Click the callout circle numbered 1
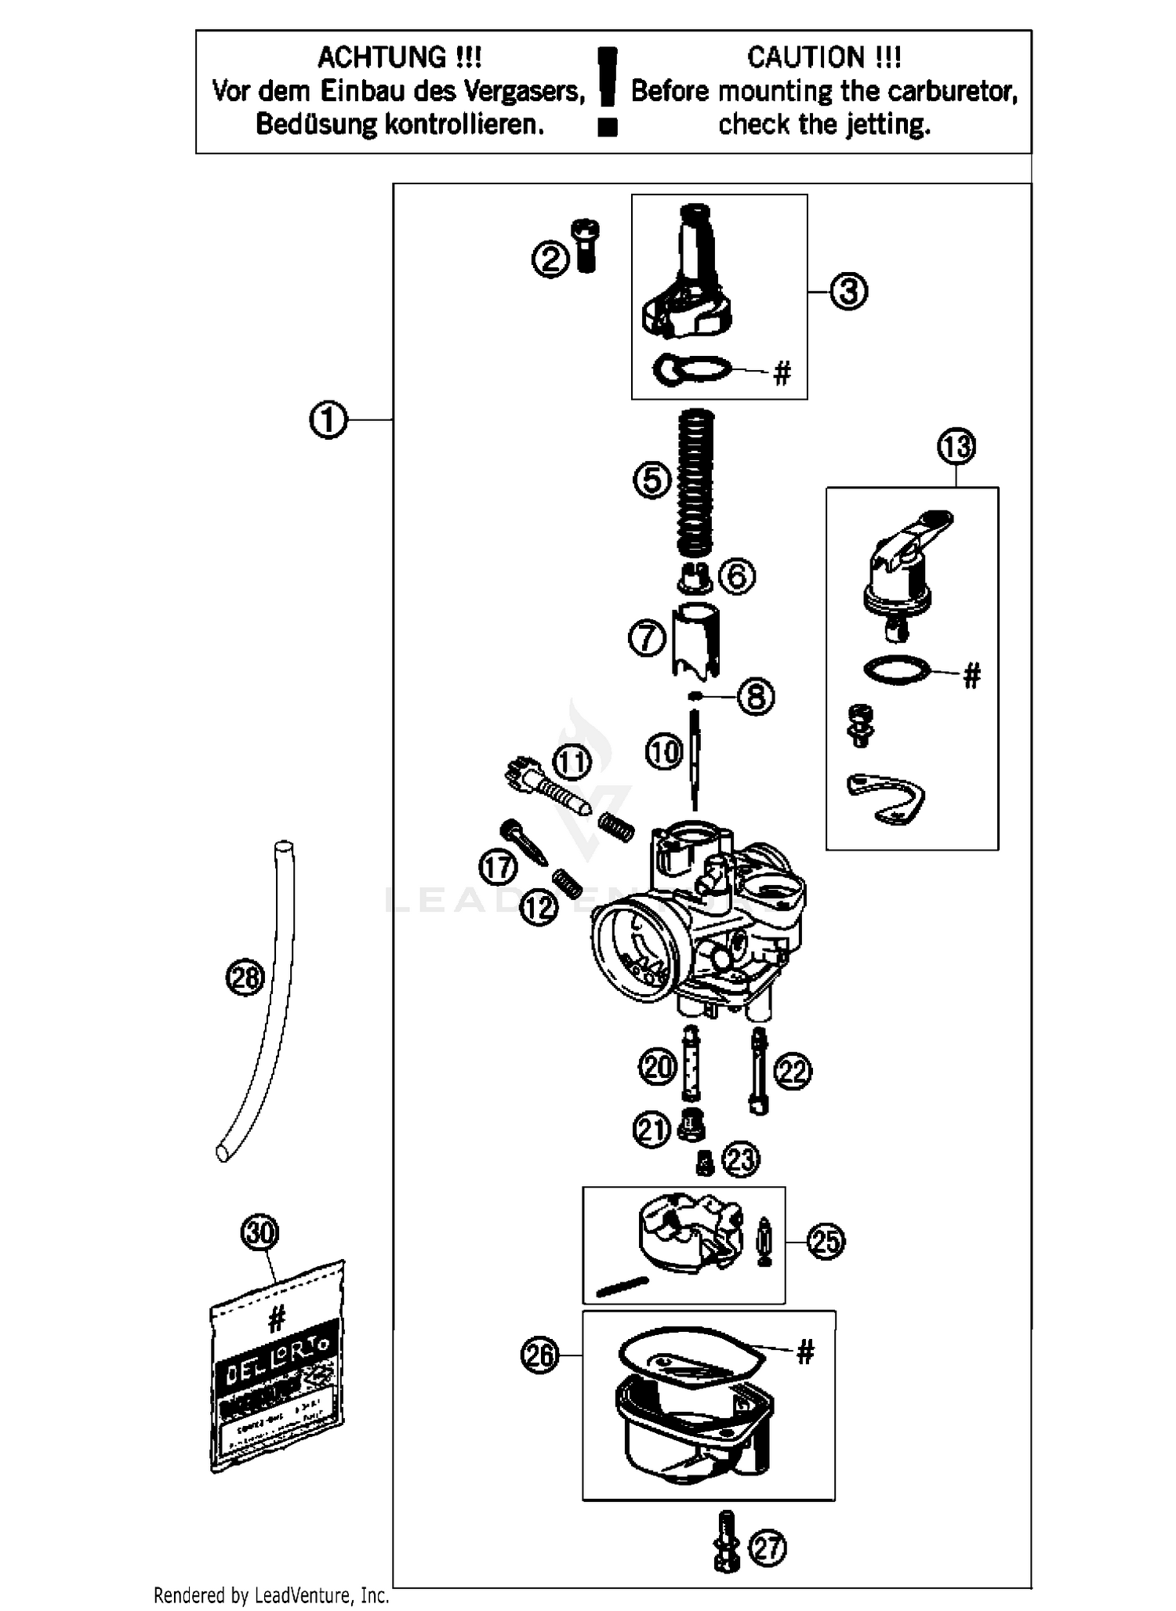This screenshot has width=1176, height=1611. [328, 420]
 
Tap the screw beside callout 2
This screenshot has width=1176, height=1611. [586, 245]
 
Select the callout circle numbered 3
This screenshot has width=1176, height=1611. [848, 292]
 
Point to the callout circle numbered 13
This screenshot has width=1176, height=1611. [956, 447]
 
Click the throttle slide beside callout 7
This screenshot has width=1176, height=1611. [696, 640]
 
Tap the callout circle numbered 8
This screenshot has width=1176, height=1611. [756, 696]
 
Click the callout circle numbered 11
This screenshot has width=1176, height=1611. [572, 762]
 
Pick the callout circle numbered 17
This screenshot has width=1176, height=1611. [498, 867]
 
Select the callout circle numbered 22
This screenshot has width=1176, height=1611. [793, 1071]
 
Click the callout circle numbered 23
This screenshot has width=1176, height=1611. [742, 1159]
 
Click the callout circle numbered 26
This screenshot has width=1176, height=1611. [540, 1355]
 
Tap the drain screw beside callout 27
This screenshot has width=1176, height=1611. [726, 1541]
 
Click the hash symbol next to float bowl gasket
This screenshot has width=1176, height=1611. [805, 1352]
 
